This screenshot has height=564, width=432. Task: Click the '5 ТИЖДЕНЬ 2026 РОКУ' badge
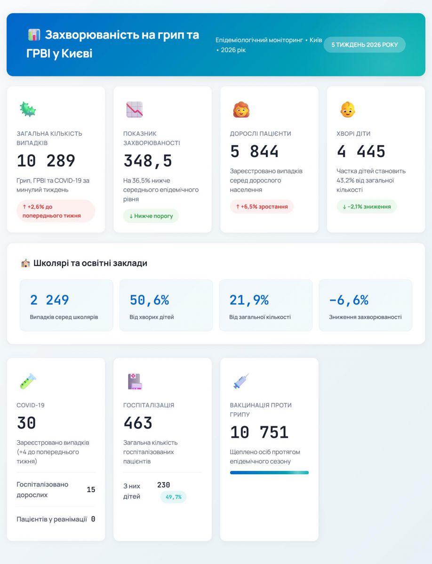pos(364,45)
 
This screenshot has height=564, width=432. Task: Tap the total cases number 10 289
pos(46,161)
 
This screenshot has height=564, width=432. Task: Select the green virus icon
pos(27,110)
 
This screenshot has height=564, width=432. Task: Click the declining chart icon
pos(134,110)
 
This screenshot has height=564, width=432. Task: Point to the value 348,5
pos(148,161)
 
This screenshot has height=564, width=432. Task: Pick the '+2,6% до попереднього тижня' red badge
pos(56,211)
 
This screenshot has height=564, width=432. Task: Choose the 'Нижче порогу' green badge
pos(151,216)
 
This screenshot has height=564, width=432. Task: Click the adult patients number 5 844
pos(254,151)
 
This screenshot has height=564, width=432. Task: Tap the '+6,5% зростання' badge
pos(262,206)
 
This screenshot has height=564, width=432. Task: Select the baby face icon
pos(348,110)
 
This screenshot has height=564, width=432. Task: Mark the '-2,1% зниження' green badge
pos(367,206)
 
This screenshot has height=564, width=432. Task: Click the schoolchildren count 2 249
pos(49,300)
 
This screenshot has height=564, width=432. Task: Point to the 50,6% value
pos(149,300)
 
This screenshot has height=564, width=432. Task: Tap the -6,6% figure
pos(349,300)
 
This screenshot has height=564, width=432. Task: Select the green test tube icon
pos(27,381)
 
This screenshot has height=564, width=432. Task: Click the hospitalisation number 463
pos(138,423)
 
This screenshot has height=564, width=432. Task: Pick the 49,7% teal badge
pos(173,497)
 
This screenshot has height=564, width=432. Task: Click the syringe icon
pos(241,381)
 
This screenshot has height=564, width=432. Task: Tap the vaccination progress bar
pos(269,472)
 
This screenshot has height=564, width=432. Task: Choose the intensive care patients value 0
pos(93,519)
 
